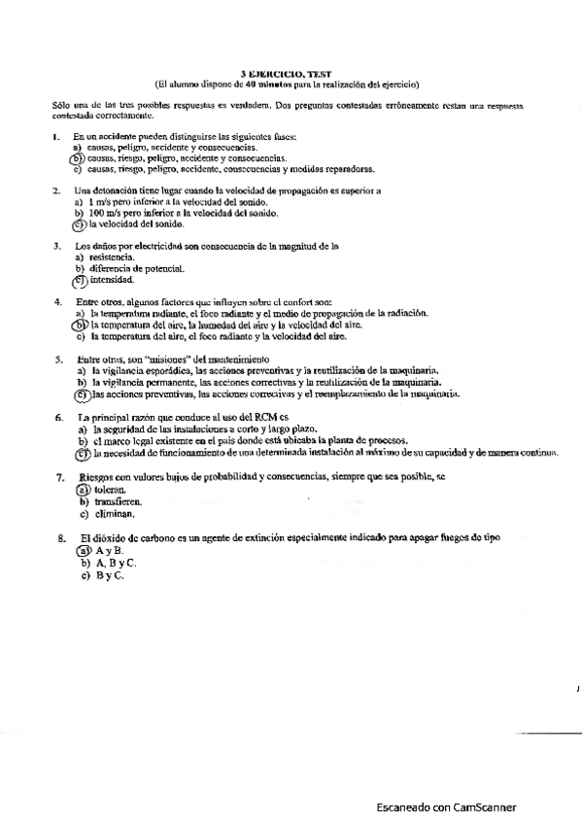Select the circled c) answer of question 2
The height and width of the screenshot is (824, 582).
(80, 223)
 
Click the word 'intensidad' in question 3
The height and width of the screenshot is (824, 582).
(111, 279)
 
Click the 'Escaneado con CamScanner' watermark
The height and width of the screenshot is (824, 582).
(447, 807)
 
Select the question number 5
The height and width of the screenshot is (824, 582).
(58, 360)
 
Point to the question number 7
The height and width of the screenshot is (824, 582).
(59, 478)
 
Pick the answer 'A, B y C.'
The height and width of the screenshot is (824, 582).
(116, 563)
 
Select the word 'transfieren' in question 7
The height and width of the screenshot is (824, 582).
(121, 502)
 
